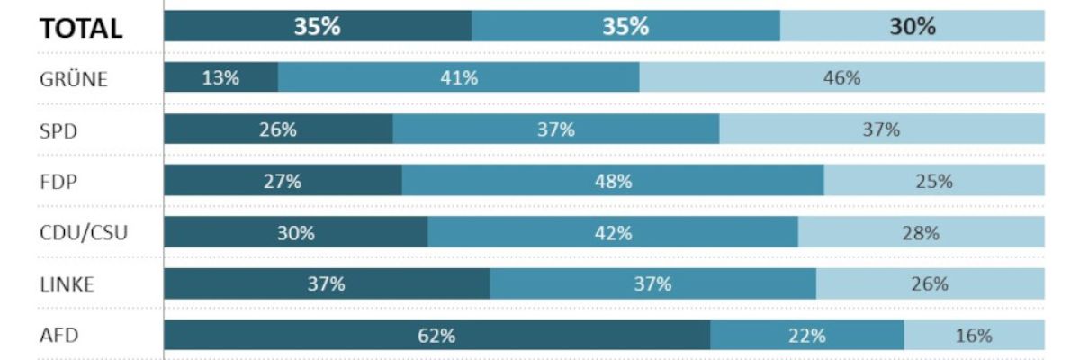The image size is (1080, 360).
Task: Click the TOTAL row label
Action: click(x=80, y=28)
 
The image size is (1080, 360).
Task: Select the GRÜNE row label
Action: click(x=75, y=79)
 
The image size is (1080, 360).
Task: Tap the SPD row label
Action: click(x=59, y=130)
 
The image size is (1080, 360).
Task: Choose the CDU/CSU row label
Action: click(x=84, y=233)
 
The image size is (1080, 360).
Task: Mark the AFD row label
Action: click(x=59, y=336)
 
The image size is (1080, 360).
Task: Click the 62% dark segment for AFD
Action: click(x=436, y=336)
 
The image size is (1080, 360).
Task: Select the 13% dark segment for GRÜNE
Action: click(x=220, y=78)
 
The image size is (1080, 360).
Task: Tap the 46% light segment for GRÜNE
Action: click(x=841, y=78)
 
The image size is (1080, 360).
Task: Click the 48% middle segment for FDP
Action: click(x=613, y=181)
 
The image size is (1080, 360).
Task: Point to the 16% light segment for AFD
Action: click(x=974, y=336)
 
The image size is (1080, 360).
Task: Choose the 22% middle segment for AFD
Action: click(x=806, y=336)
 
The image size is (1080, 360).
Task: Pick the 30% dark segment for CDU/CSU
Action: click(x=295, y=233)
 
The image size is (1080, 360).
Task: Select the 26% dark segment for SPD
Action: click(x=278, y=130)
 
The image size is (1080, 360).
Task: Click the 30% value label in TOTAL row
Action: click(x=913, y=27)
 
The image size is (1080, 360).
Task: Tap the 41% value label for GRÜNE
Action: click(x=459, y=78)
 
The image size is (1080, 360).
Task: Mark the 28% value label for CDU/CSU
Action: click(x=921, y=233)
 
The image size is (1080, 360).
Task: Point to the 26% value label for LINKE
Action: click(x=930, y=284)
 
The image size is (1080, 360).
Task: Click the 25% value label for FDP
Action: click(x=934, y=181)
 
